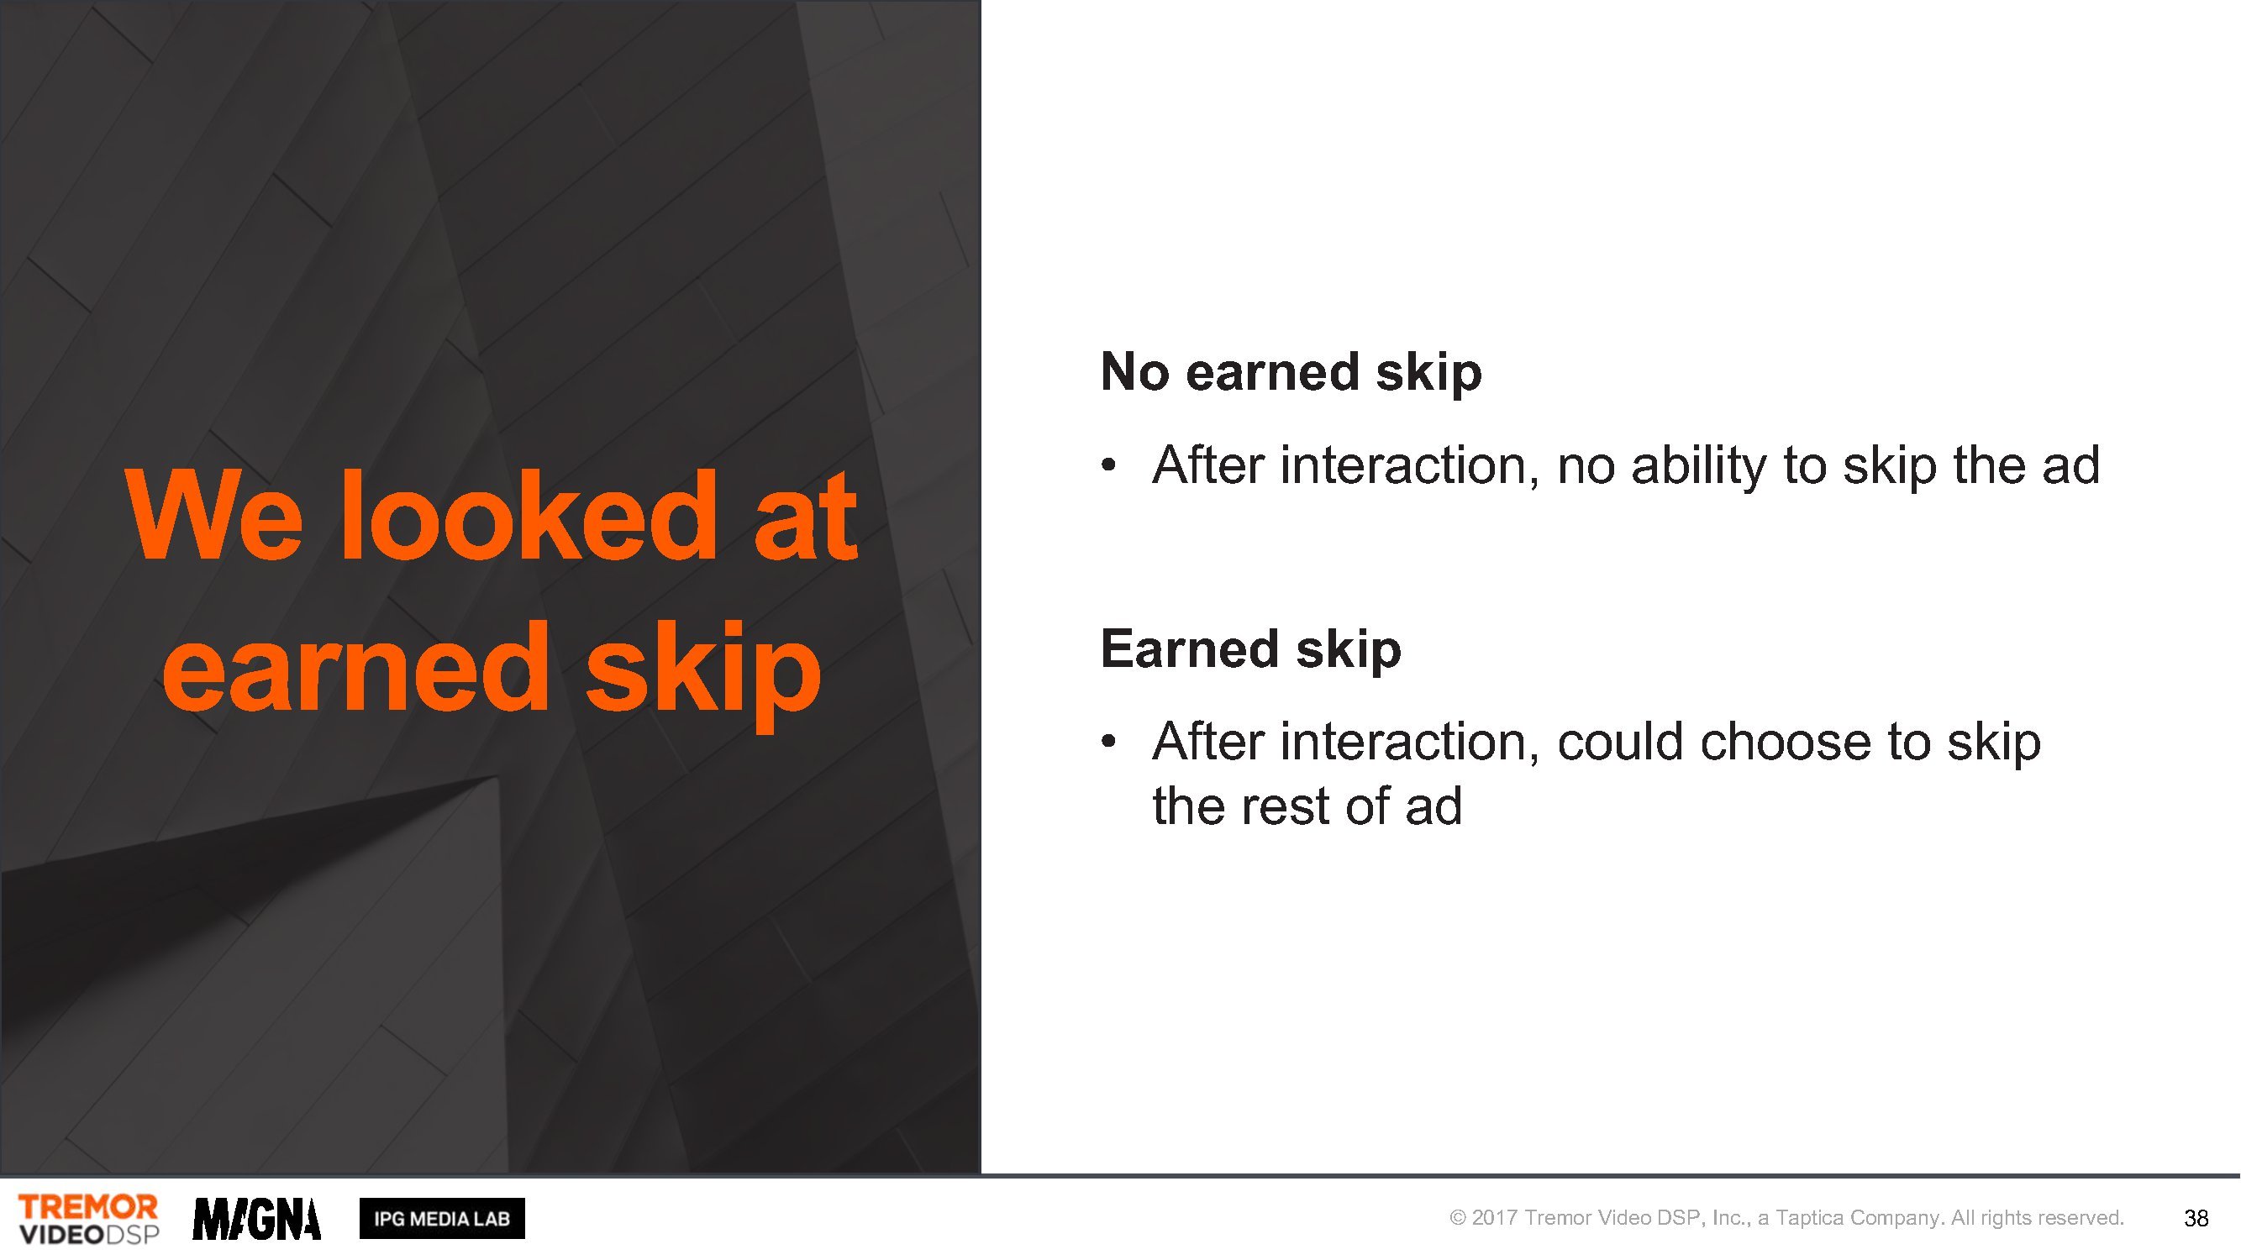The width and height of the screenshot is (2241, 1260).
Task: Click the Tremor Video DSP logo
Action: pyautogui.click(x=89, y=1218)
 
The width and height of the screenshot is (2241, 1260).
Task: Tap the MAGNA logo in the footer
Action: pyautogui.click(x=256, y=1218)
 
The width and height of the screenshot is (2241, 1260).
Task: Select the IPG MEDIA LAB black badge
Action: pyautogui.click(x=442, y=1218)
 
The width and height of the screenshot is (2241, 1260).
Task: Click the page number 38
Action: pyautogui.click(x=2196, y=1218)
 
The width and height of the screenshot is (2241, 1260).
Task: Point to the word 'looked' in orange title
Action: pyautogui.click(x=529, y=515)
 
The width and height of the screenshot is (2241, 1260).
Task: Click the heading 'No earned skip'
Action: pyautogui.click(x=1291, y=372)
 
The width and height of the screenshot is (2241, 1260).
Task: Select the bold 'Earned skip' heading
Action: pyautogui.click(x=1251, y=648)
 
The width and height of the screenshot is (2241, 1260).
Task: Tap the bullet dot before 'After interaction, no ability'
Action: pyautogui.click(x=1108, y=465)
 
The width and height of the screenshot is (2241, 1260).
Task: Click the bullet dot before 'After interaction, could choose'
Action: pyautogui.click(x=1108, y=742)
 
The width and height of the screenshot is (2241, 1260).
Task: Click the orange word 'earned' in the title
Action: pyautogui.click(x=355, y=668)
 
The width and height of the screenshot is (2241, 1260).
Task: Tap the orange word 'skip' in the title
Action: pyautogui.click(x=703, y=674)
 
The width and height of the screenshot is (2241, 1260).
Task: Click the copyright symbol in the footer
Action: pyautogui.click(x=1457, y=1218)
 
